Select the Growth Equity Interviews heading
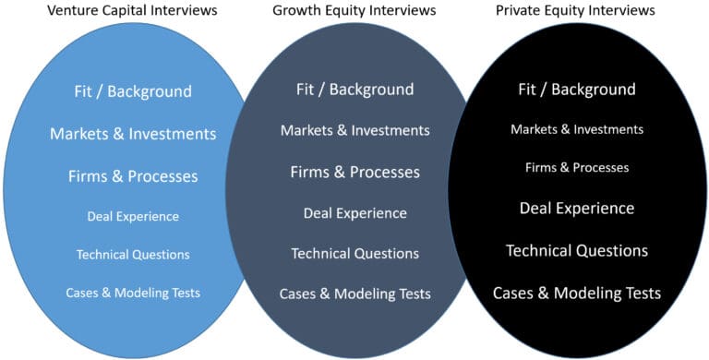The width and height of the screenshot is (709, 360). [355, 11]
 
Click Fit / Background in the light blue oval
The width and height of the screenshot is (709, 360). [133, 91]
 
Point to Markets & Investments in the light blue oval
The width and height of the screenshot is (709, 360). [133, 134]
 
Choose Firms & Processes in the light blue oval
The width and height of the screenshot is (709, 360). [133, 175]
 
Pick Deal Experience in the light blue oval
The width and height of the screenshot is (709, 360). [133, 216]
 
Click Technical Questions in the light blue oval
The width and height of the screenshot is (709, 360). [133, 254]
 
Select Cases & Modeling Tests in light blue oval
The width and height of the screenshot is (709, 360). [133, 293]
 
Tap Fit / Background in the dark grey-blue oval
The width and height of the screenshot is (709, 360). [355, 90]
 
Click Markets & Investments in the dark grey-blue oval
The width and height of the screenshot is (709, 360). [355, 130]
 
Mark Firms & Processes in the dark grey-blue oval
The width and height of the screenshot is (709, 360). [355, 172]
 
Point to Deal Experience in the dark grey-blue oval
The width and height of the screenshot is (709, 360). [355, 213]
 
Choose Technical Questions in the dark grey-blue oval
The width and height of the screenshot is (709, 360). [355, 253]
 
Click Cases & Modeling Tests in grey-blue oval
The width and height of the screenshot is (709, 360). [355, 294]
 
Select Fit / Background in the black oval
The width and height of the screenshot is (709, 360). [577, 90]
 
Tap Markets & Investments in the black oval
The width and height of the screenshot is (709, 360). [577, 129]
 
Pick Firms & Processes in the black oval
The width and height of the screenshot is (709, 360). [577, 167]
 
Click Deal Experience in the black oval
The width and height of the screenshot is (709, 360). [577, 208]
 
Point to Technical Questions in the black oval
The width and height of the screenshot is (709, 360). [577, 250]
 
